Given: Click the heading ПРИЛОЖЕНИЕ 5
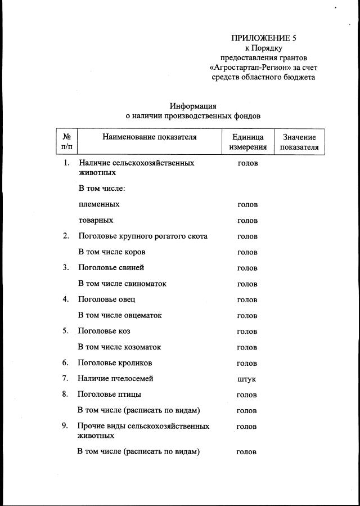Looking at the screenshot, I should [263, 38].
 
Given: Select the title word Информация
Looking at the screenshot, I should [193, 106].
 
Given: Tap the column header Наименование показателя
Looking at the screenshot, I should [150, 137].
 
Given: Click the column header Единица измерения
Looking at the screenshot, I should [247, 142].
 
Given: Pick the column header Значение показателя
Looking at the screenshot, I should [299, 142].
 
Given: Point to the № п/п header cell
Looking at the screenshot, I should [66, 142].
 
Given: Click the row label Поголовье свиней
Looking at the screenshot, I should [111, 267].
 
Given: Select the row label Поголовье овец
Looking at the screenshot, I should [107, 299].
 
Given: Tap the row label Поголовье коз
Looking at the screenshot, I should [104, 331].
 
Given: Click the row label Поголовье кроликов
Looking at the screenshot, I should [115, 362].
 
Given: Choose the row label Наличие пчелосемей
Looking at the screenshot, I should [115, 378].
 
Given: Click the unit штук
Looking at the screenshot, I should [247, 379].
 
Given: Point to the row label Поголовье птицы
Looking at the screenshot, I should [109, 394].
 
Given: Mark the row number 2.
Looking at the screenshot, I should [66, 236].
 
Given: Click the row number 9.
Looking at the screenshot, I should [65, 426].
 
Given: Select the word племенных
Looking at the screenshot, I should [99, 204].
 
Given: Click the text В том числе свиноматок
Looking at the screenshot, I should [122, 284].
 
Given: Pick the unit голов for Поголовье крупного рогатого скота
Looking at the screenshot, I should [247, 236].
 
